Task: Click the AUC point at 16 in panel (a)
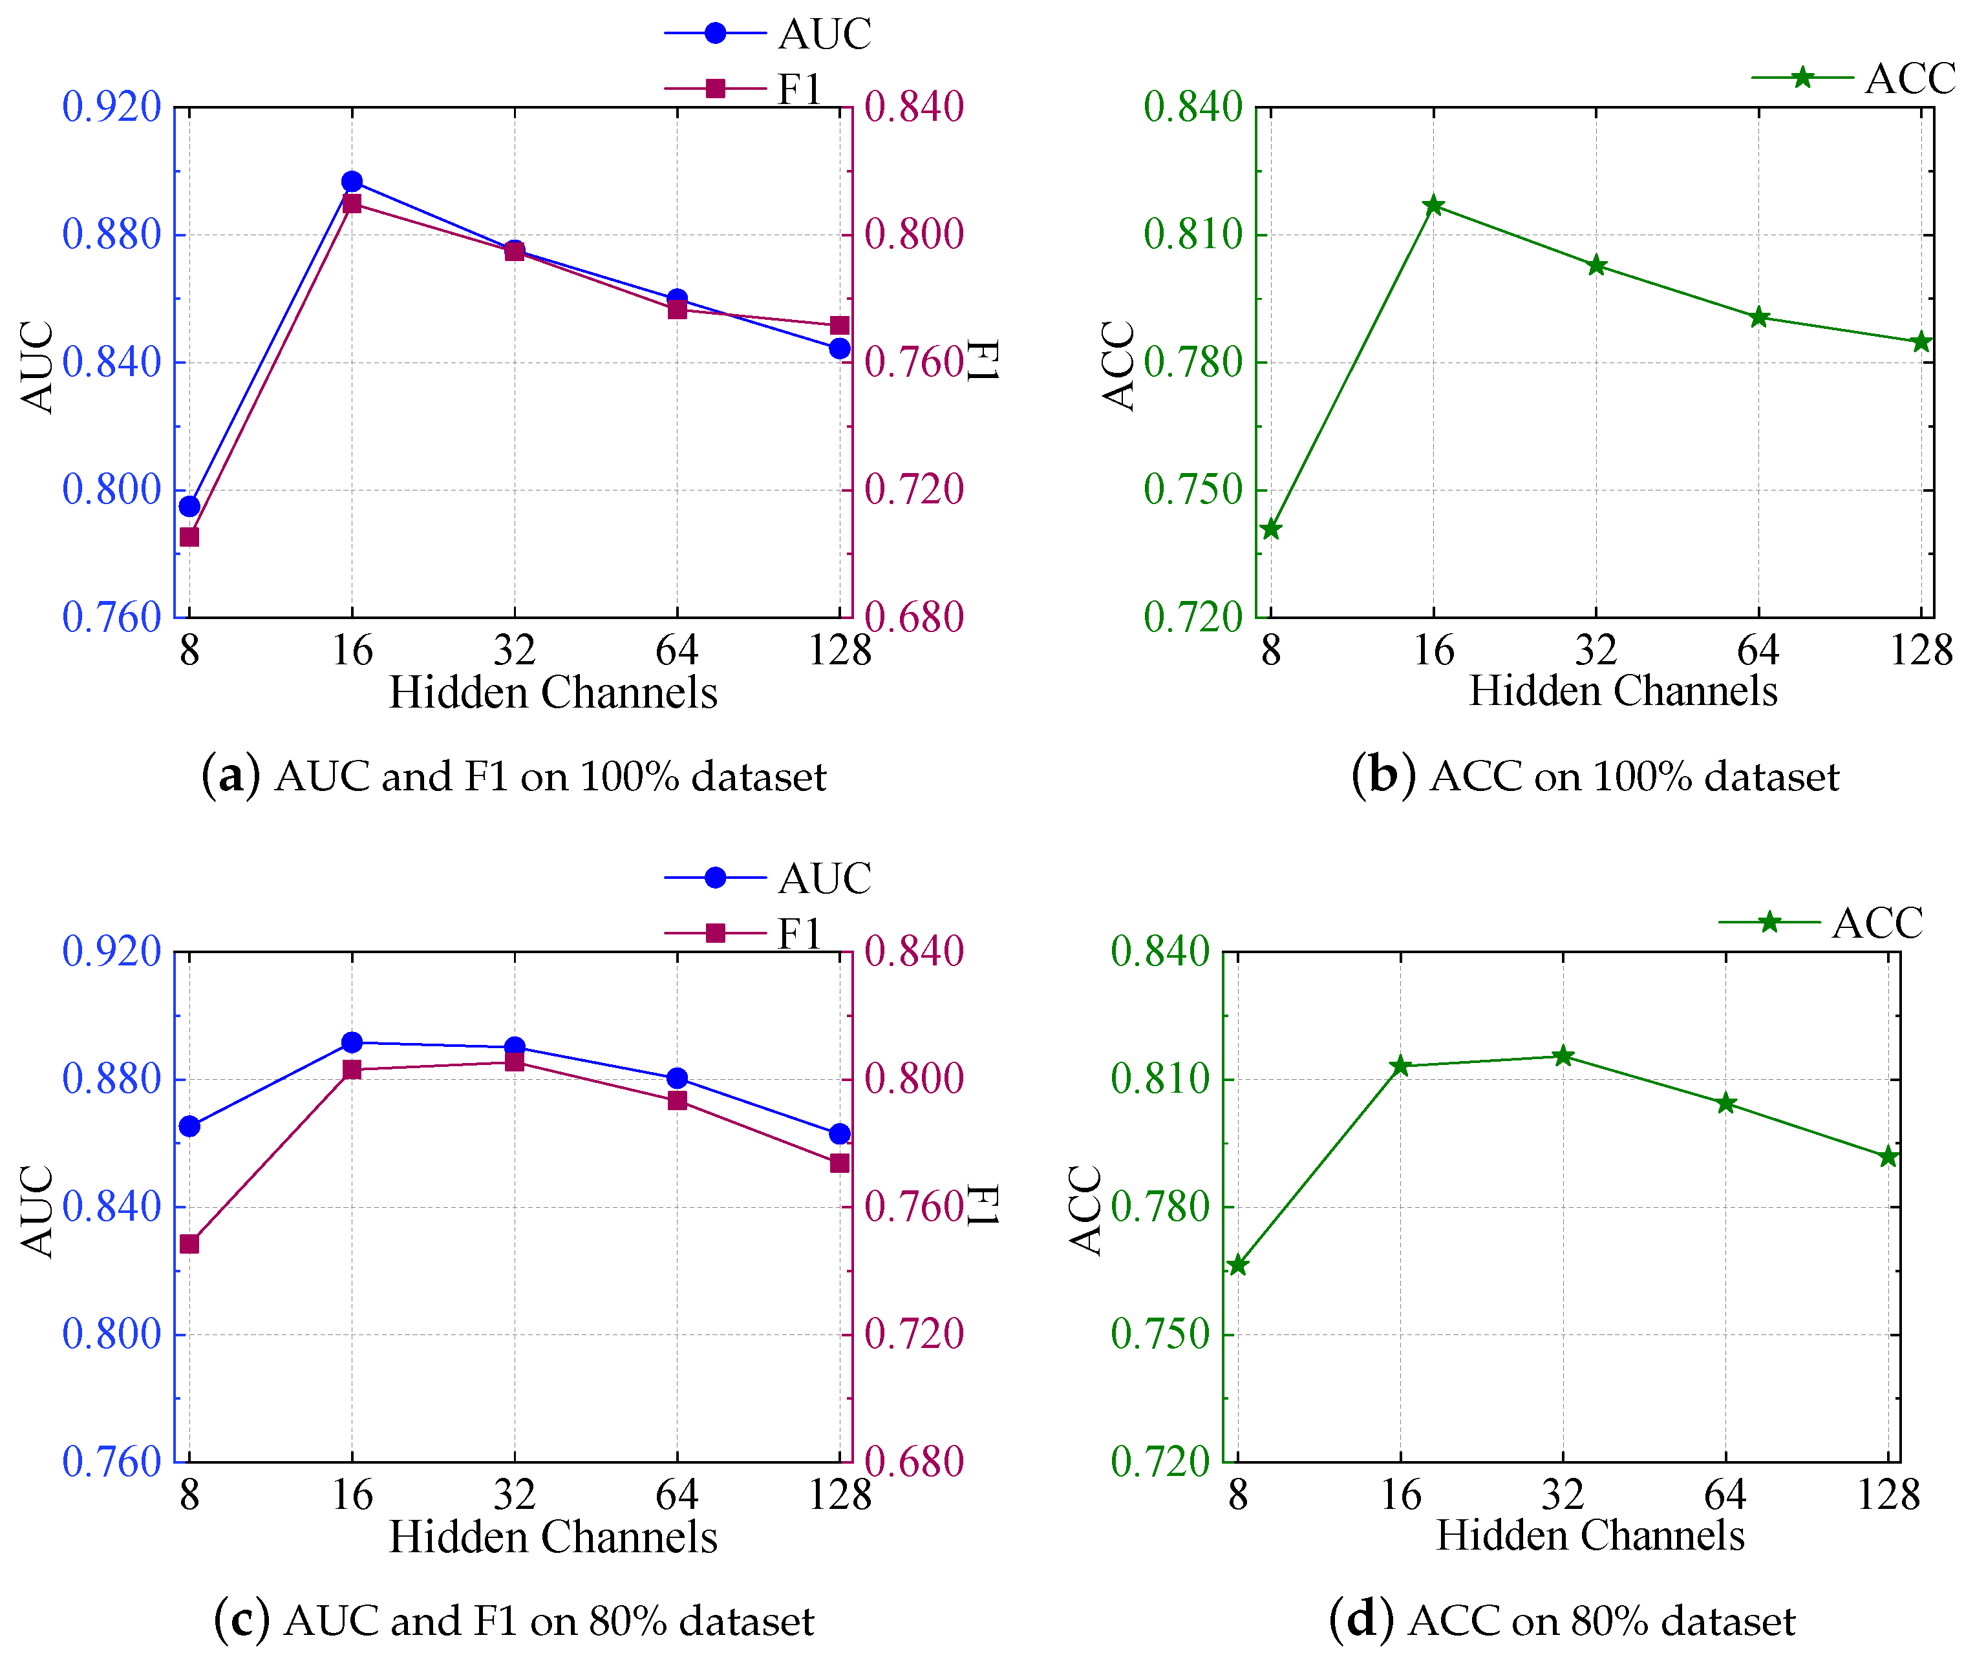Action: coord(352,181)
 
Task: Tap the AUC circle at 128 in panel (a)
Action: coord(839,348)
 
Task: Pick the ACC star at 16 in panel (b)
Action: coord(1433,205)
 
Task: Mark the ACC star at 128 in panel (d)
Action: coord(1888,1157)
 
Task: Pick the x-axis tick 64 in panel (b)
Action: coord(1758,651)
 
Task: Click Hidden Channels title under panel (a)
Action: coord(553,693)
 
